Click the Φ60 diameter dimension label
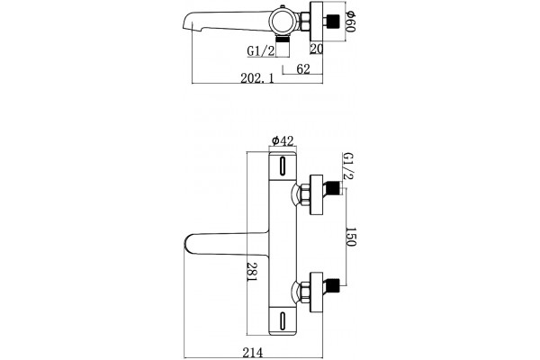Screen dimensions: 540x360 [350, 22]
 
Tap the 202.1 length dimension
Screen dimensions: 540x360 [257, 78]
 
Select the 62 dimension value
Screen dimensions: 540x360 [303, 69]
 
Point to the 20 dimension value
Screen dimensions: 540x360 [317, 49]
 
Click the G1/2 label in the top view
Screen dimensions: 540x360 [261, 51]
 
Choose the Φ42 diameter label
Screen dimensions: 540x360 [283, 141]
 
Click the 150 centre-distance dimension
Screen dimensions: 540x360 [350, 237]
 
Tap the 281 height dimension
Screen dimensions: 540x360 [252, 272]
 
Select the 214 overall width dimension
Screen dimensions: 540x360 [252, 353]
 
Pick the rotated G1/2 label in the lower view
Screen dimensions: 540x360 [348, 166]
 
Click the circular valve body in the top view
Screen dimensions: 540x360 [283, 22]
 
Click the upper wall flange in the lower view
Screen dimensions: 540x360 [317, 194]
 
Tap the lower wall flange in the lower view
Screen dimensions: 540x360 [317, 292]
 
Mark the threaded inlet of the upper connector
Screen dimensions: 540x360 [333, 188]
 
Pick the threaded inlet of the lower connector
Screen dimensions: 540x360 [333, 285]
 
